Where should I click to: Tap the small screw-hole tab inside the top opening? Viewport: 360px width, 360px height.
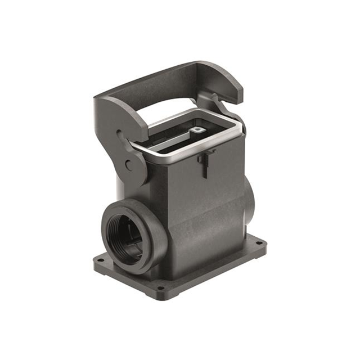pos(197,130)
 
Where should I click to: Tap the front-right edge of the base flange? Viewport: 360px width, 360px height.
pos(219,270)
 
